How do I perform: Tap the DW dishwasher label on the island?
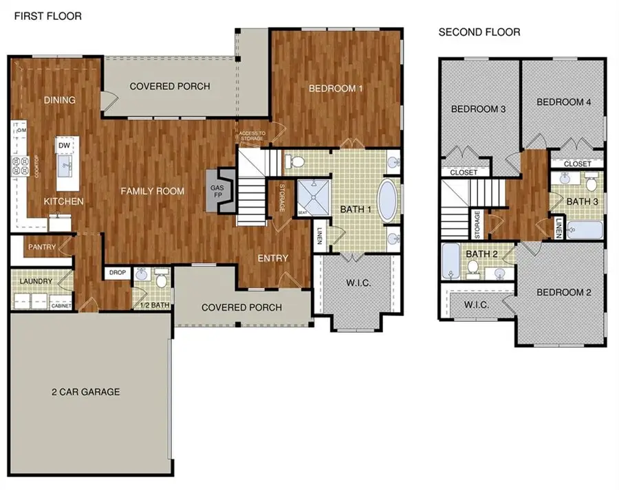(64, 146)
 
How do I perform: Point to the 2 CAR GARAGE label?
(85, 392)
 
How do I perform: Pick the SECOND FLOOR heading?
(479, 32)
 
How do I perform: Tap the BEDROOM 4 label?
(563, 102)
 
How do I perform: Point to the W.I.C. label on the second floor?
(476, 304)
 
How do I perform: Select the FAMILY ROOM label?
(153, 190)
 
